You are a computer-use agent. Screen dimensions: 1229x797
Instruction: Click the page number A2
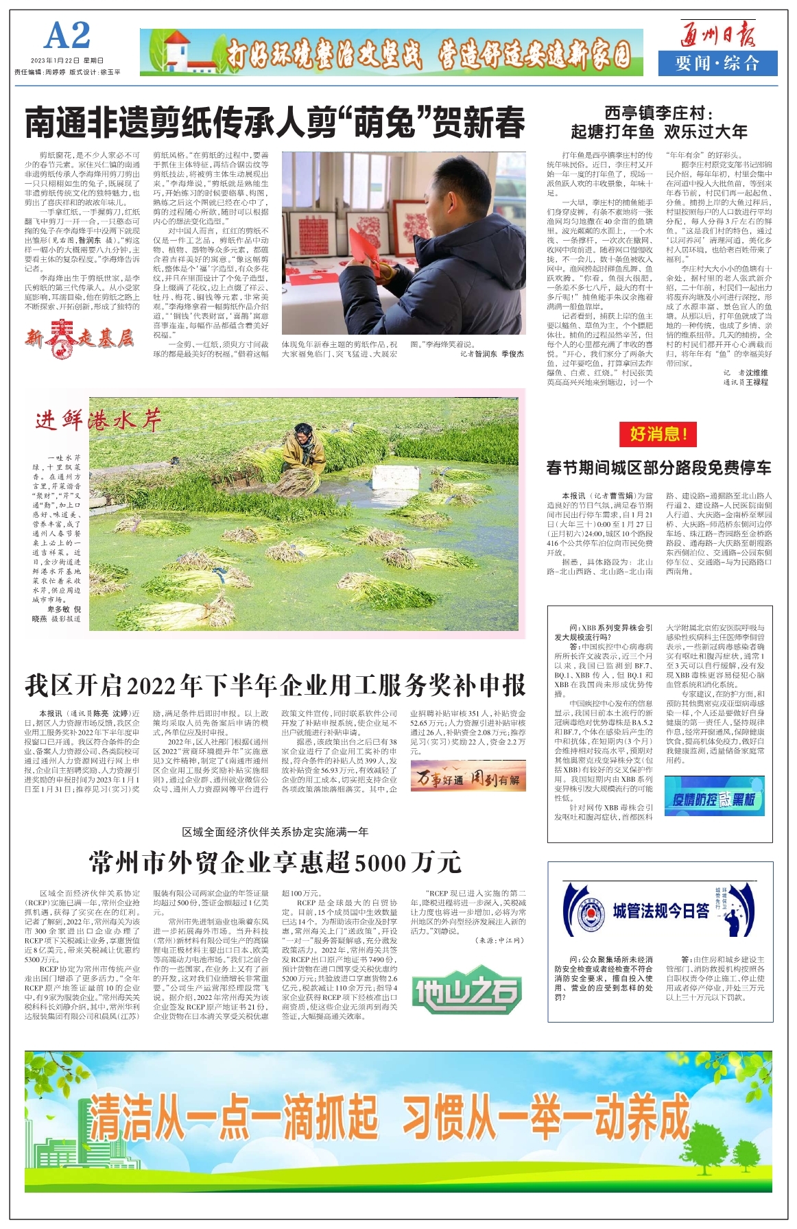point(67,36)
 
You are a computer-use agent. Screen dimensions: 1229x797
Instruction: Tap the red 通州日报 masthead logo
point(717,34)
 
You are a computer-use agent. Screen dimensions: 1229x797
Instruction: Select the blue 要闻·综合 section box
point(717,64)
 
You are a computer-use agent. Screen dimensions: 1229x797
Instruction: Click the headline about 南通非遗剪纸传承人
point(275,123)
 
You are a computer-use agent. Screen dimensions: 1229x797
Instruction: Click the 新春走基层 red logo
point(79,338)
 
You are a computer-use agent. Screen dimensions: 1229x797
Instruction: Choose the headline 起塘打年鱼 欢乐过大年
point(658,131)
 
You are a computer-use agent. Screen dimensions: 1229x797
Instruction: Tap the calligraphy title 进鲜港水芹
point(98,419)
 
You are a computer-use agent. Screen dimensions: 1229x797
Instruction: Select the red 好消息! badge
point(658,433)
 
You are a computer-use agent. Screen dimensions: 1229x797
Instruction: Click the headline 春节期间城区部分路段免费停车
point(658,468)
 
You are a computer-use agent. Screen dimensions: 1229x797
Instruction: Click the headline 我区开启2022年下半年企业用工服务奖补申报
point(275,685)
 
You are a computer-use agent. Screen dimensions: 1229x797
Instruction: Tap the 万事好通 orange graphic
point(468,777)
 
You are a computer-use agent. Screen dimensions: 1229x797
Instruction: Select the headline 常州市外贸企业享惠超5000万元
point(275,862)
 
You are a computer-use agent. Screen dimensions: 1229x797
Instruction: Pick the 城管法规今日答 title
point(661,911)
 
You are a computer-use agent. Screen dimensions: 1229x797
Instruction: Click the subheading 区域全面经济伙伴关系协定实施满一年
point(275,832)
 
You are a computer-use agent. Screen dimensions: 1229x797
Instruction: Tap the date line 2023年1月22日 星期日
point(67,61)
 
